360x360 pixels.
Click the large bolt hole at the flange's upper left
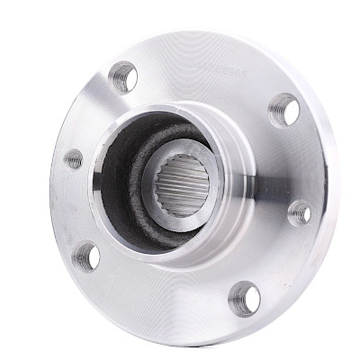point(123,77)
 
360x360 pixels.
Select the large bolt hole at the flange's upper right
point(283,109)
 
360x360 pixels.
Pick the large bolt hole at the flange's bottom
point(244,297)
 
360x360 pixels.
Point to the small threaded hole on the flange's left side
point(74,159)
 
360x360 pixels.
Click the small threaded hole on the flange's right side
point(299,213)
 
